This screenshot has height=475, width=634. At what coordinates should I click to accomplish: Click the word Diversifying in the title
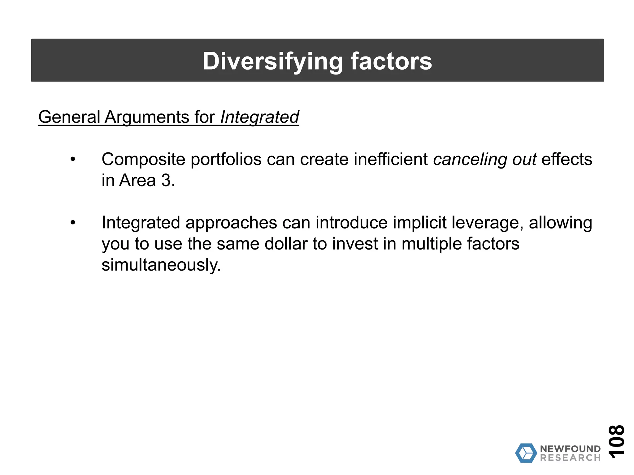pyautogui.click(x=272, y=61)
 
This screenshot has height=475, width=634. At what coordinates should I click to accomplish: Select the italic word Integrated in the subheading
pyautogui.click(x=259, y=117)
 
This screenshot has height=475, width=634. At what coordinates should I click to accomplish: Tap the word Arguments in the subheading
pyautogui.click(x=147, y=117)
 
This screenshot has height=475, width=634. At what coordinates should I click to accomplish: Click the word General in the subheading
pyautogui.click(x=69, y=117)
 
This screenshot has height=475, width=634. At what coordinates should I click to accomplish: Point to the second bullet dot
pyautogui.click(x=73, y=223)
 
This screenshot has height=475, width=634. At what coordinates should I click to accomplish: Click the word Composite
pyautogui.click(x=143, y=159)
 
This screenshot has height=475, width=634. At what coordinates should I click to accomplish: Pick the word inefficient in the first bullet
pyautogui.click(x=391, y=159)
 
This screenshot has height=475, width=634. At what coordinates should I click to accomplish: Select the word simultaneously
pyautogui.click(x=161, y=265)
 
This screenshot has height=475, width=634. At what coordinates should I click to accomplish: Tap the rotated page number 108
pyautogui.click(x=616, y=441)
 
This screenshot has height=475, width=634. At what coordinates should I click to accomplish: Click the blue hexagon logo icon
pyautogui.click(x=526, y=453)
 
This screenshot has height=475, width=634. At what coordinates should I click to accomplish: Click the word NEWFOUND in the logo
pyautogui.click(x=570, y=449)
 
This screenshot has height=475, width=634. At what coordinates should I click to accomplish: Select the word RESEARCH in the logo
pyautogui.click(x=570, y=458)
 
